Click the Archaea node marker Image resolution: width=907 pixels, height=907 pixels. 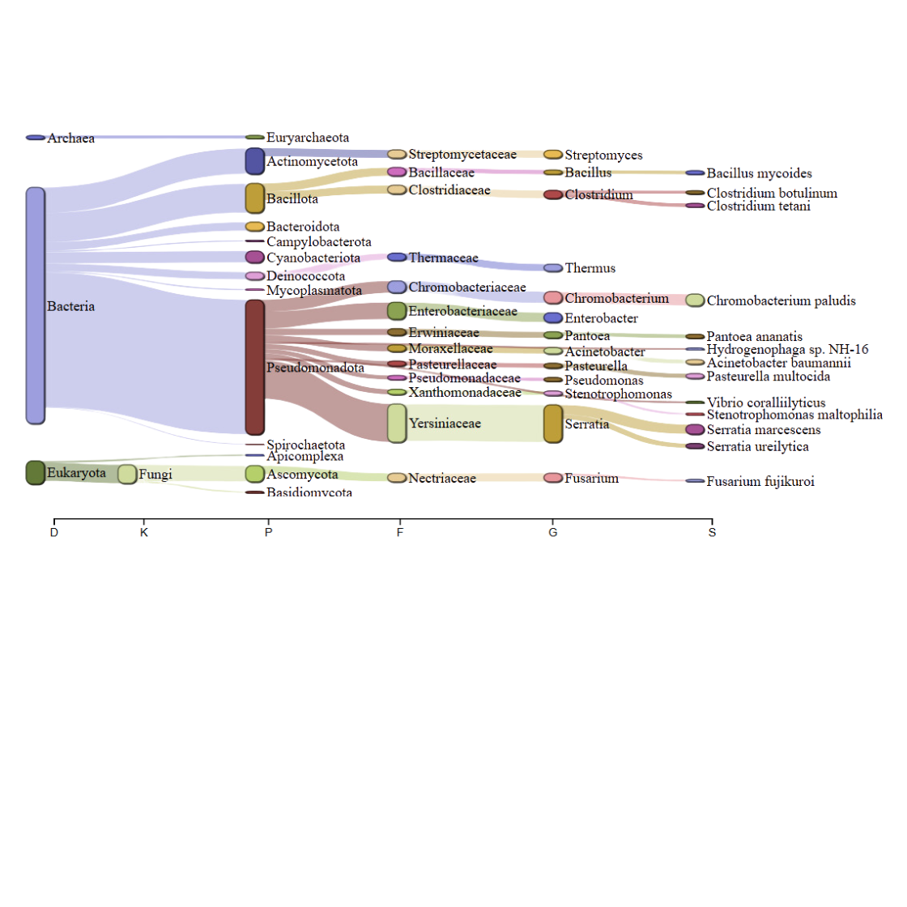[36, 138]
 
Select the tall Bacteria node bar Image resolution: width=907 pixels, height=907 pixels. [36, 305]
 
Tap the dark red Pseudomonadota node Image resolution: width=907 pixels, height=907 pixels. [255, 368]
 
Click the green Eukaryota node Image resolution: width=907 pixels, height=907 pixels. [36, 473]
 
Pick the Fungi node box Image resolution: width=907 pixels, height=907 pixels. [127, 475]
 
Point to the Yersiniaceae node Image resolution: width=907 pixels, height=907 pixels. [397, 424]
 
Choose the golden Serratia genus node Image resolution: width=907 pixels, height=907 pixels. [553, 424]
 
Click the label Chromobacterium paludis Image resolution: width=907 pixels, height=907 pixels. [781, 300]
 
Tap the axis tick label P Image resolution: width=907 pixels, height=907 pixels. [268, 532]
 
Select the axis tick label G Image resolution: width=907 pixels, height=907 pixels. [553, 532]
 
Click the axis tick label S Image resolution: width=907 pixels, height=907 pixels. [712, 532]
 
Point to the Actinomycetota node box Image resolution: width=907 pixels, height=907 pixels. [255, 161]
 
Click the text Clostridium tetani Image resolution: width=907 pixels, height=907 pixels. [758, 206]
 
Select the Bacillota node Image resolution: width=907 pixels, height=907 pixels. [255, 198]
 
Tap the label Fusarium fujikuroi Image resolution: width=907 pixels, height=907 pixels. [760, 481]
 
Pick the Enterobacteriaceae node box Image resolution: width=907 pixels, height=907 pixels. [397, 311]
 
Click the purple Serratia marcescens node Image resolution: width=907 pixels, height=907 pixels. [695, 430]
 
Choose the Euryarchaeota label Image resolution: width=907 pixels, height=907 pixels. [308, 138]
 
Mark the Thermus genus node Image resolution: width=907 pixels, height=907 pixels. [553, 268]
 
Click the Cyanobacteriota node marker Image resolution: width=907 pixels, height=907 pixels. [255, 257]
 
